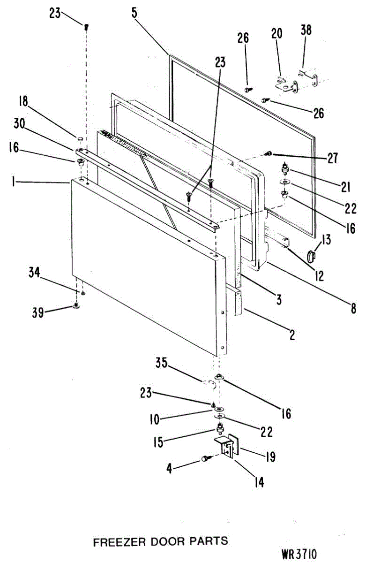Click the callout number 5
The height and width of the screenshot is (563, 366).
point(134,13)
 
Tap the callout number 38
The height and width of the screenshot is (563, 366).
point(306,30)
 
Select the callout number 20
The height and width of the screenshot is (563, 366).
point(276,34)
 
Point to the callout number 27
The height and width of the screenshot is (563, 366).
point(333,158)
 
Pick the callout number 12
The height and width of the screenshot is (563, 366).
point(319,275)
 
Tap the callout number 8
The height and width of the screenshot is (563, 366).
point(353,308)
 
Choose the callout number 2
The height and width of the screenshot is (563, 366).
point(292,335)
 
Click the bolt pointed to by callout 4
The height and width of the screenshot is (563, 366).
point(205,458)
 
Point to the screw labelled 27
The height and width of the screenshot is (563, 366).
point(269,153)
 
